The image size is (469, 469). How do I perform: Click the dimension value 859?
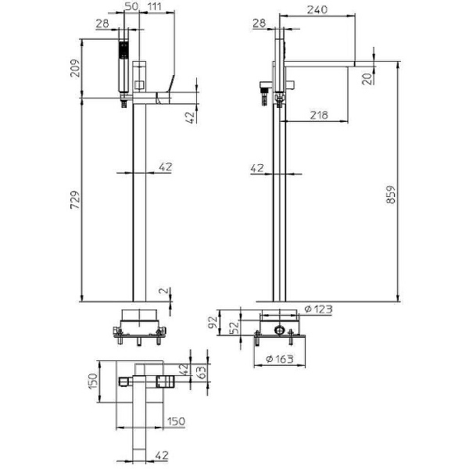[x=391, y=195]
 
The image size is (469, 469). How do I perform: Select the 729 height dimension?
[x=75, y=199]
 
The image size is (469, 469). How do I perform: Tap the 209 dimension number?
[x=75, y=68]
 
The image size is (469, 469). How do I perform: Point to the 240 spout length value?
[x=317, y=9]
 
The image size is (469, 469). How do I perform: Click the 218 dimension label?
[x=319, y=115]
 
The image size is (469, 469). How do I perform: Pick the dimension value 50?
[x=131, y=6]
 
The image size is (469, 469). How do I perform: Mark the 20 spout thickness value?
[x=367, y=78]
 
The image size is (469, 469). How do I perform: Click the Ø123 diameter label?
[x=318, y=309]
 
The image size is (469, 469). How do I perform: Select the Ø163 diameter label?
[x=280, y=359]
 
